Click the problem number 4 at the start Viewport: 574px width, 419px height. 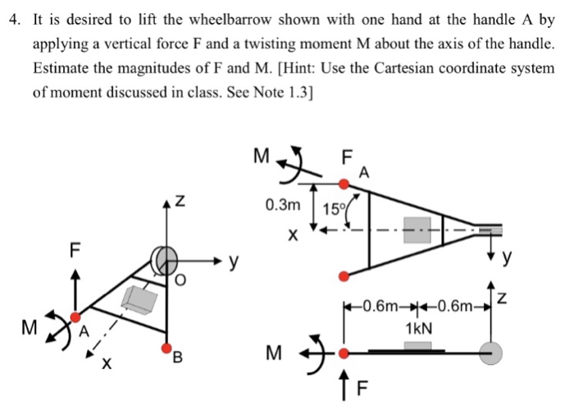pos(14,20)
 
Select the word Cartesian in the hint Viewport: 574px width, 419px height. pos(403,68)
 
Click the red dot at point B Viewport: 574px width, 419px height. pos(167,348)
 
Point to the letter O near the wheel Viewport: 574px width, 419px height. pos(180,280)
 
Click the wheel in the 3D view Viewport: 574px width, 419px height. pos(164,261)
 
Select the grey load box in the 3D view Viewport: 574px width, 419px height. pos(139,300)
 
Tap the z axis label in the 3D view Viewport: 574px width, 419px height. pos(180,201)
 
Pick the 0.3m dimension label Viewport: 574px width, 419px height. pos(283,205)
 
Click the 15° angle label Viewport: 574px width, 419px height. pos(333,209)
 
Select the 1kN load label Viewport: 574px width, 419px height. pos(419,329)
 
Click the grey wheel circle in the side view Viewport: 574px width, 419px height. pos(491,353)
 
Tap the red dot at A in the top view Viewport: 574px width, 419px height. pos(344,184)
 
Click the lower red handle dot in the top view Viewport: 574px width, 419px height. pos(344,276)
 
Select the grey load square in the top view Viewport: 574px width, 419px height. pos(417,230)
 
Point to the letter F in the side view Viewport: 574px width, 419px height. pos(362,389)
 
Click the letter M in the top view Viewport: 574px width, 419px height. pos(262,156)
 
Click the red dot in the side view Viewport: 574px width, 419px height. pos(344,353)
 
